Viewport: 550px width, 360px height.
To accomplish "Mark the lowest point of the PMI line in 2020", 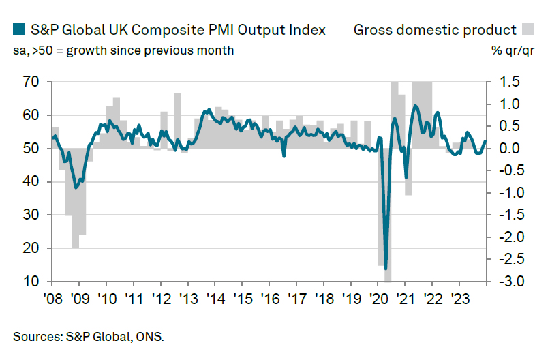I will pos(386,269).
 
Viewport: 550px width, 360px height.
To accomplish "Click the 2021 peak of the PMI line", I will pos(415,106).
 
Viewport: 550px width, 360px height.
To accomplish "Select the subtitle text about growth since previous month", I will pos(123,50).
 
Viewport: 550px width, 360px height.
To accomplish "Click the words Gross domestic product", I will pos(435,29).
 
